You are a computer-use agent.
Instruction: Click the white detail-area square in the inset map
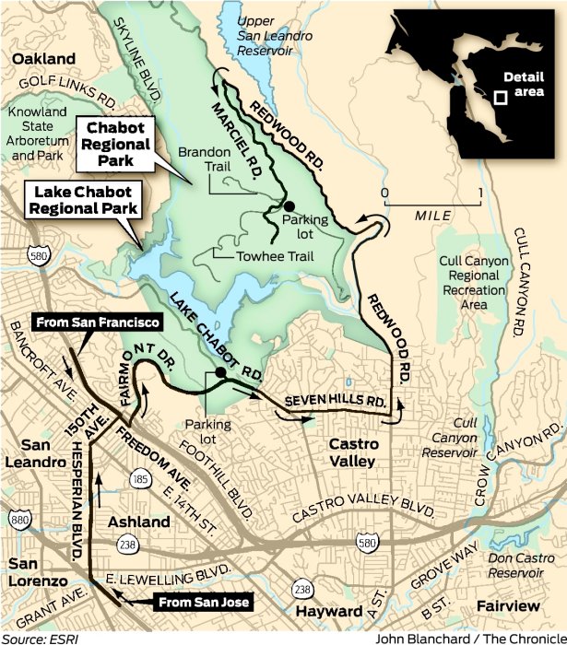click(x=500, y=97)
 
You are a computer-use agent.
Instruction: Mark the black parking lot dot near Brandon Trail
click(x=289, y=205)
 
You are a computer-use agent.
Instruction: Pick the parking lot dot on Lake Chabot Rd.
click(x=220, y=373)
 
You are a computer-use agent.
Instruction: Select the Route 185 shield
click(x=141, y=481)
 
